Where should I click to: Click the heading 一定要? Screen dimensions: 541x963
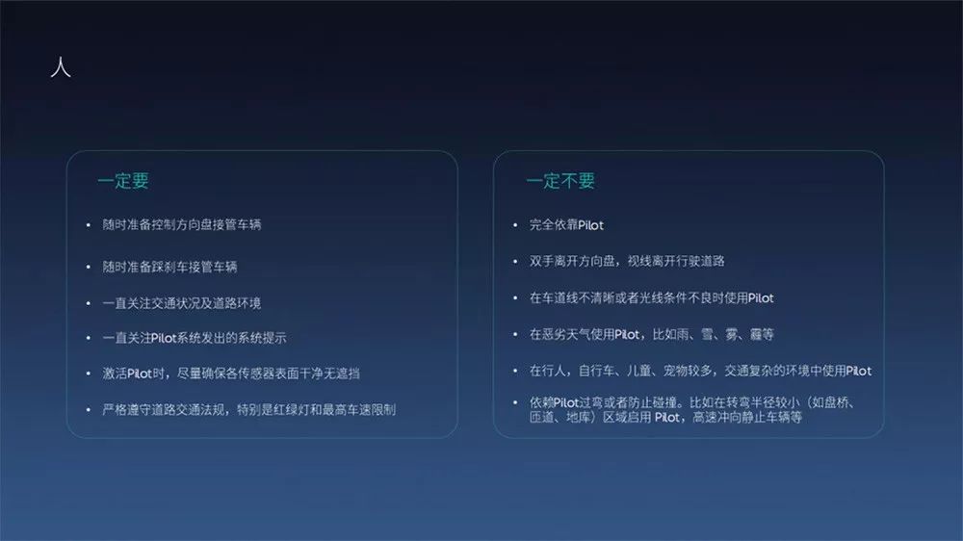click(123, 181)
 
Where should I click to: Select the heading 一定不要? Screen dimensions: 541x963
click(560, 181)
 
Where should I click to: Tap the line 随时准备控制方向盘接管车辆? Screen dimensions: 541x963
click(181, 225)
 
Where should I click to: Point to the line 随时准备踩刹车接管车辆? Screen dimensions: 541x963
click(169, 266)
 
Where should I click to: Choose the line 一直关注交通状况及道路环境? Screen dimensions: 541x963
click(181, 303)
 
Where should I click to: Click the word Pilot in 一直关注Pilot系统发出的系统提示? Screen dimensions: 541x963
click(168, 338)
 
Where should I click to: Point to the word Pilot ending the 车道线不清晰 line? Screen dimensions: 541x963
click(760, 298)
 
